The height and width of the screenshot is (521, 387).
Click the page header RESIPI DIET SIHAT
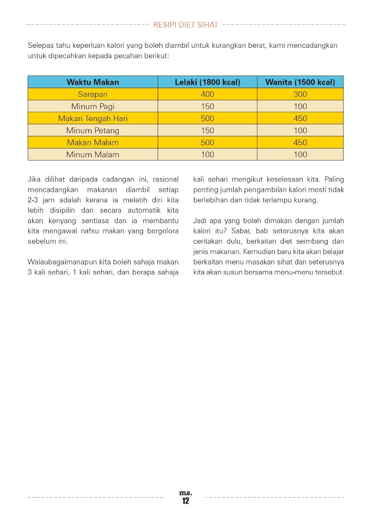coord(185,25)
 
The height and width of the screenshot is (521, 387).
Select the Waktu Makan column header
coord(93,82)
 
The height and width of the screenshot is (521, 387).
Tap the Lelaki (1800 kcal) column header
coord(207,82)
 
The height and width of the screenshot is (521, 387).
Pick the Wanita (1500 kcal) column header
coord(300,82)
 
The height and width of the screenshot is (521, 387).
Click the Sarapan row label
coord(93,94)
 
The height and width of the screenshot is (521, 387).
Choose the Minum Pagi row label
coord(93,106)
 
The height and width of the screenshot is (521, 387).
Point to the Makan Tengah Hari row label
coord(93,119)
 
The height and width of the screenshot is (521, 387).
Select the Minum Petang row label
coord(93,130)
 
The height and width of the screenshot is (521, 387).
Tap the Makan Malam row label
coord(93,142)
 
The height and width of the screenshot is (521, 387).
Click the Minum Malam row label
coord(93,155)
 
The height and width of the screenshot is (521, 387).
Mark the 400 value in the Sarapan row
coord(208,94)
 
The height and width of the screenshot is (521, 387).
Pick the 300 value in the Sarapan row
coord(300,94)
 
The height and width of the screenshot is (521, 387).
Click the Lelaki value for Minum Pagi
coord(208,106)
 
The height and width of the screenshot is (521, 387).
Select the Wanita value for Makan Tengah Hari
coord(300,119)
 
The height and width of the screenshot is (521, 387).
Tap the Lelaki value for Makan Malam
coord(208,142)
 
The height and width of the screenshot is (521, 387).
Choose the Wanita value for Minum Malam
coord(300,155)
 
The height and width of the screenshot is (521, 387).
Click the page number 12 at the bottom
coord(185,501)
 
